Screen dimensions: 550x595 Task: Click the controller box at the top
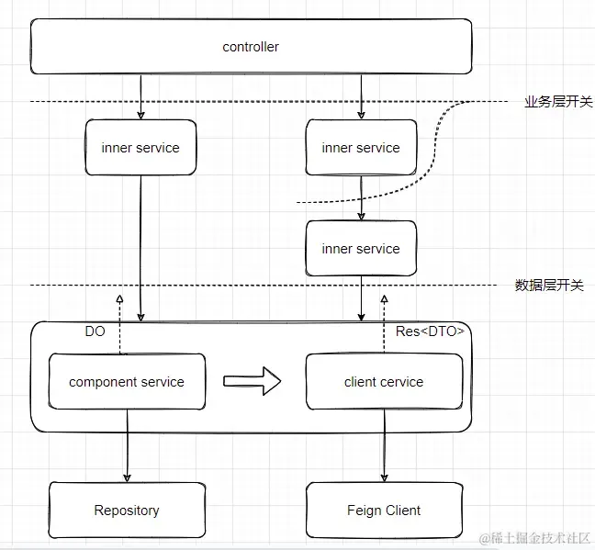[x=251, y=47]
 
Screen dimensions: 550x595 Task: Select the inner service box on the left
[x=140, y=147]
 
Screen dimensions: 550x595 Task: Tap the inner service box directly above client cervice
[x=361, y=248]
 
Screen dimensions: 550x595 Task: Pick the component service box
[x=127, y=382]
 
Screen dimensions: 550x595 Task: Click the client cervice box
[x=384, y=382]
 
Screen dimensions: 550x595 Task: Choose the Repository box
[x=127, y=510]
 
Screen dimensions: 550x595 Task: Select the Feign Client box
[x=384, y=510]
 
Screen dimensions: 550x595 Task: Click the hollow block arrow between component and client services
[x=252, y=381]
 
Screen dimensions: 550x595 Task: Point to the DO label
[x=95, y=331]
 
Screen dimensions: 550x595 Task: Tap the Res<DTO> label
[x=431, y=331]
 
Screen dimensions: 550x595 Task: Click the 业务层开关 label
[x=554, y=102]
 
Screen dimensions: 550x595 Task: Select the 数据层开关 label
[x=548, y=286]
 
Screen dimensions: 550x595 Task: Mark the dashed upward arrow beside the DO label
[x=120, y=321]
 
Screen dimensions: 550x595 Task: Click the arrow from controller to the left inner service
[x=140, y=96]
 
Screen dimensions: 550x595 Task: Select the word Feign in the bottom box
[x=364, y=510]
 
